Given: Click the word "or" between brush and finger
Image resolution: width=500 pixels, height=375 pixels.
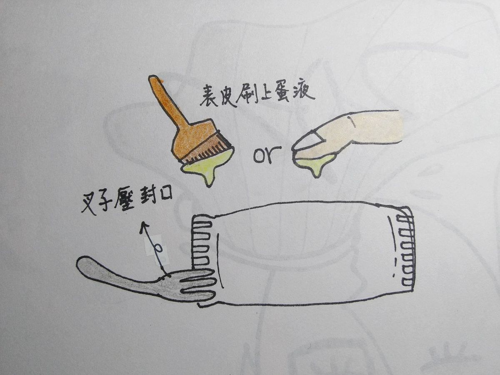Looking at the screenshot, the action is pos(267,155).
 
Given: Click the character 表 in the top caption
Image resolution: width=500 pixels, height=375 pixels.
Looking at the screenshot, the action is pos(209,96).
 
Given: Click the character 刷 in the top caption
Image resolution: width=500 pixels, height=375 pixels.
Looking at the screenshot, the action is pos(245,96).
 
